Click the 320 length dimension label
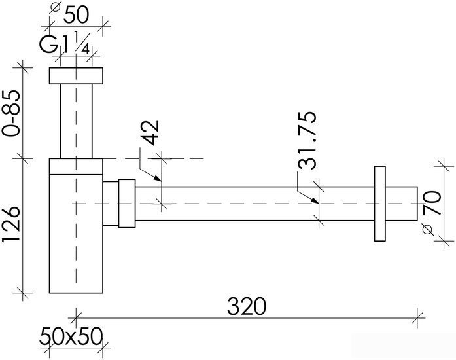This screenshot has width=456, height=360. pyautogui.click(x=247, y=306)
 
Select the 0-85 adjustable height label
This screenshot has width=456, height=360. pyautogui.click(x=12, y=113)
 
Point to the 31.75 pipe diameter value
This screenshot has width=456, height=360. pyautogui.click(x=307, y=140)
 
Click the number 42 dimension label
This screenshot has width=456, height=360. pyautogui.click(x=152, y=133)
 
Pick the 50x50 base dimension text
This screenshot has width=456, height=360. pyautogui.click(x=71, y=336)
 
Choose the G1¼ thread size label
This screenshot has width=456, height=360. pyautogui.click(x=65, y=43)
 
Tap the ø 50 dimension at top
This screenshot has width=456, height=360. pyautogui.click(x=70, y=13)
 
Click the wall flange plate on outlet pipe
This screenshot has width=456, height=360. pyautogui.click(x=380, y=204)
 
